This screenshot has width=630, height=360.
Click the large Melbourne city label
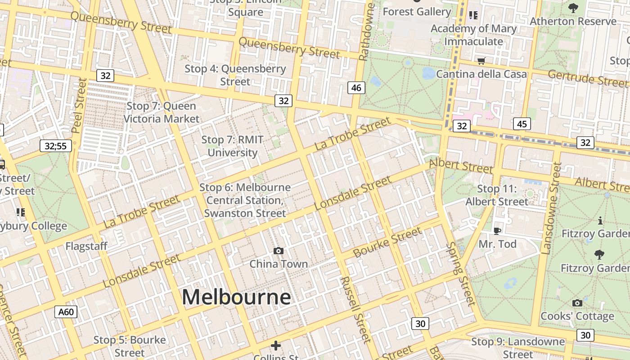click(236, 297)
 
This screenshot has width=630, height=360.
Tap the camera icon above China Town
click(279, 251)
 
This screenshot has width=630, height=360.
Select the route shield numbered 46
click(356, 88)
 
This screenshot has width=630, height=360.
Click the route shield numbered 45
click(522, 124)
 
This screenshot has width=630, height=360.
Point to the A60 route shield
click(66, 312)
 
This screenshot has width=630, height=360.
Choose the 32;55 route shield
click(56, 146)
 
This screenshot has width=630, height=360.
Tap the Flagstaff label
click(86, 246)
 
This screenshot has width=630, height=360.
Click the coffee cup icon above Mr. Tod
click(497, 231)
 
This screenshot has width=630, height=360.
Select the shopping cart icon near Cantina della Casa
click(481, 61)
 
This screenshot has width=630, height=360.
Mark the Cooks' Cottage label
click(577, 316)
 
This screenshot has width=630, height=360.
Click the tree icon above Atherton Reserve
click(573, 8)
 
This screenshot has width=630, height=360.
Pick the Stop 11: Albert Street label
click(497, 195)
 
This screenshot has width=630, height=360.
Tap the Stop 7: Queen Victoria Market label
click(161, 112)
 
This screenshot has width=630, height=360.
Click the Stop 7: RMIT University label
click(232, 146)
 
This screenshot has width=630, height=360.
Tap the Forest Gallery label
click(417, 12)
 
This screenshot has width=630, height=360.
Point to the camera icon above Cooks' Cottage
click(577, 303)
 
